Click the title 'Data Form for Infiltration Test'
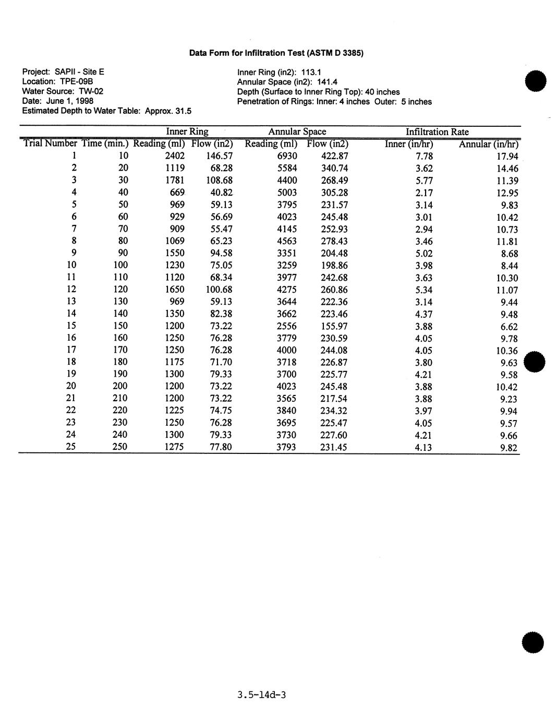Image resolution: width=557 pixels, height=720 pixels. tap(276, 53)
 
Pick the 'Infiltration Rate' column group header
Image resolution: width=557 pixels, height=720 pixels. tap(437, 132)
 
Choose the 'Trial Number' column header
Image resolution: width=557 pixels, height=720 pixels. tap(50, 143)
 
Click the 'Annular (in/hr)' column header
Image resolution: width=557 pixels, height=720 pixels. tap(488, 145)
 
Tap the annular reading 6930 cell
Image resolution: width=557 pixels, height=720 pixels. tap(287, 156)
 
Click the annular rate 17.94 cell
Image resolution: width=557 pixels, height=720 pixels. tap(507, 157)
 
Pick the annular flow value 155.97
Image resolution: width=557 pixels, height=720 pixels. tap(334, 326)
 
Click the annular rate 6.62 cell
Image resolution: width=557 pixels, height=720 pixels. tap(509, 327)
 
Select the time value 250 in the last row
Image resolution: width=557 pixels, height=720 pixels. tap(120, 447)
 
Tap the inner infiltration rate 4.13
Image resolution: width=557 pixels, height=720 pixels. tap(423, 448)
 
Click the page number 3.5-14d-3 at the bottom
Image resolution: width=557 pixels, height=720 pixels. tap(261, 695)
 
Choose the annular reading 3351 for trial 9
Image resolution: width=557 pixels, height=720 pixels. tap(287, 253)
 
